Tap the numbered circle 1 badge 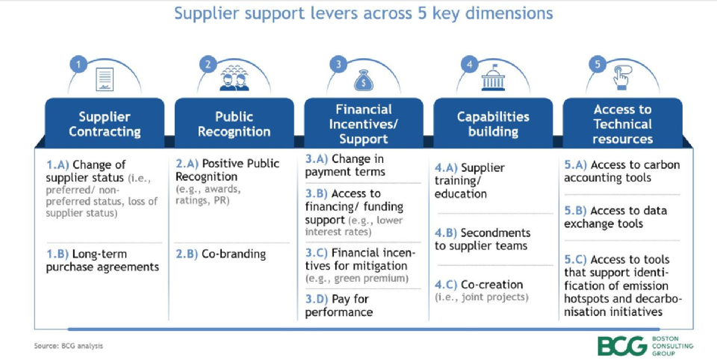click(78, 64)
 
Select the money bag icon click(364, 81)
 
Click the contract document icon click(105, 79)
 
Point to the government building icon click(493, 78)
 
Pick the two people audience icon click(234, 78)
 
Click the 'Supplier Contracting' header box click(105, 124)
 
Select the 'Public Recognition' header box click(234, 124)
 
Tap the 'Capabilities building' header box click(493, 124)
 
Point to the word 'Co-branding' click(234, 255)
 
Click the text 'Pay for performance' click(339, 305)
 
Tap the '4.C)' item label click(446, 284)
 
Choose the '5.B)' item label click(575, 211)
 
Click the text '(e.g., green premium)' click(357, 278)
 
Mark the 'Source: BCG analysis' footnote click(69, 346)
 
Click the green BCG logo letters click(622, 347)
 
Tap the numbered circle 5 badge click(597, 64)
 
